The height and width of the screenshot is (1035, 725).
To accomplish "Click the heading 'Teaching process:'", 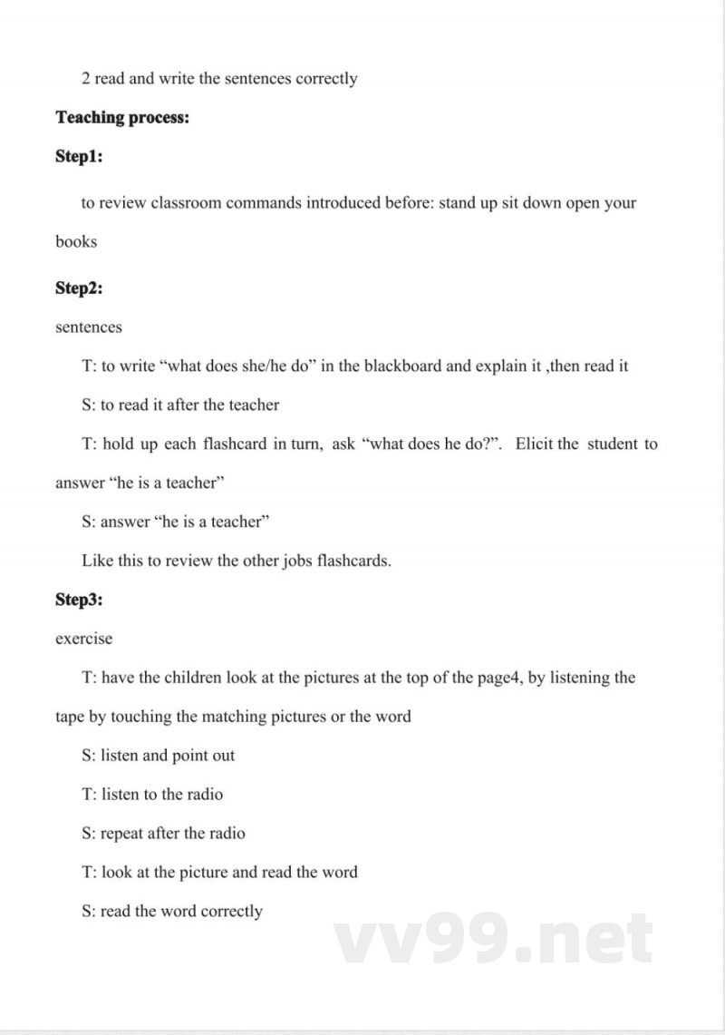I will [x=122, y=118].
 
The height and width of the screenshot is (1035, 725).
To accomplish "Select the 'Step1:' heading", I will [x=79, y=157].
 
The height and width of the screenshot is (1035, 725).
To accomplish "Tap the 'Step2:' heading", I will [x=79, y=288].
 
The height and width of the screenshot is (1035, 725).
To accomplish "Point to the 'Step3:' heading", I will [x=79, y=600].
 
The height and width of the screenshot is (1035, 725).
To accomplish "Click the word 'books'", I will [x=76, y=242].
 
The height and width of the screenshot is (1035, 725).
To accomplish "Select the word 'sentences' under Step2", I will [x=89, y=327].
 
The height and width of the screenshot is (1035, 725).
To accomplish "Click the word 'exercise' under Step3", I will [x=84, y=639].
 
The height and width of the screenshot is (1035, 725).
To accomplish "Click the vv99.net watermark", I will [x=494, y=939].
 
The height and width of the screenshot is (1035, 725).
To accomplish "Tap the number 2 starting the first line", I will [x=86, y=79].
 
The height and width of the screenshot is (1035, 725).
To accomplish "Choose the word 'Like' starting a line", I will [x=97, y=561].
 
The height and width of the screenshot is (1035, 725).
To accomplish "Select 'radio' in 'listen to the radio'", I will [x=203, y=795].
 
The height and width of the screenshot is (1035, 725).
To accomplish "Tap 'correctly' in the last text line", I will [x=232, y=912].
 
